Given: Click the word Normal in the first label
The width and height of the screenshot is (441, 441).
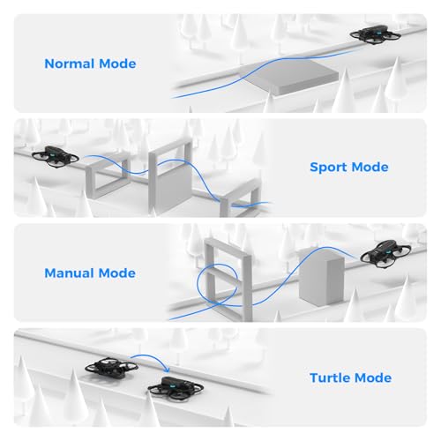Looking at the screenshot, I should [x=71, y=64].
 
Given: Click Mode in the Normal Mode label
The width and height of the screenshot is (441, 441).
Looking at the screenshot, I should [x=118, y=64].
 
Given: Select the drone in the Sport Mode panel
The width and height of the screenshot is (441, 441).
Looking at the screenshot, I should [x=56, y=156].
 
